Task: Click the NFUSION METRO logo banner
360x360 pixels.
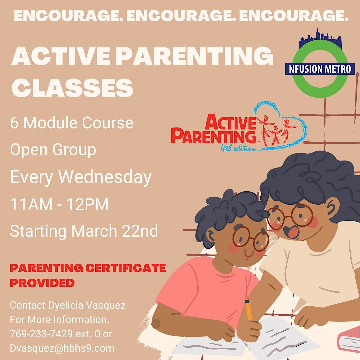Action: [320, 69]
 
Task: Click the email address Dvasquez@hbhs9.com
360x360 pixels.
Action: [62, 348]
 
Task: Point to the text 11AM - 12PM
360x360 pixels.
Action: [59, 204]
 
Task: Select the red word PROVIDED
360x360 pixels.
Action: [42, 283]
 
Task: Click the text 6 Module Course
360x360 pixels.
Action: [72, 123]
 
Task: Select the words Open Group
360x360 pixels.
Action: [53, 150]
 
